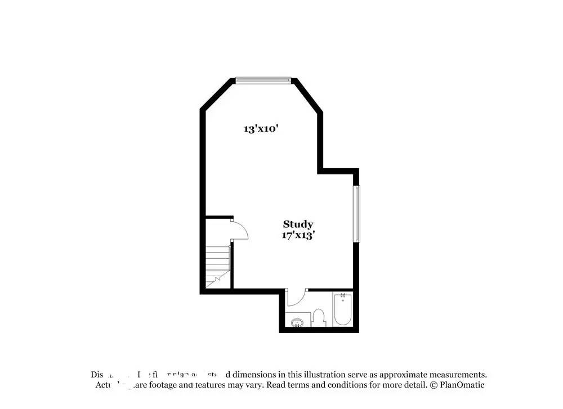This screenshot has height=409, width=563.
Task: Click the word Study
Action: [x=298, y=224]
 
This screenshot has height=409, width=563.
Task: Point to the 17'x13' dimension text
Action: [x=298, y=235]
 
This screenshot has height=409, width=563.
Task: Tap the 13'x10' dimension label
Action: [x=261, y=129]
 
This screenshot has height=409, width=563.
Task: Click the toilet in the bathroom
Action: [x=319, y=318]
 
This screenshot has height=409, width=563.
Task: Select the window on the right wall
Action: [x=356, y=214]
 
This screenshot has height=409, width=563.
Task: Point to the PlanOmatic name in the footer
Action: [x=462, y=385]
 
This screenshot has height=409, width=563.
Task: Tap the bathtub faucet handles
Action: [x=342, y=295]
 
